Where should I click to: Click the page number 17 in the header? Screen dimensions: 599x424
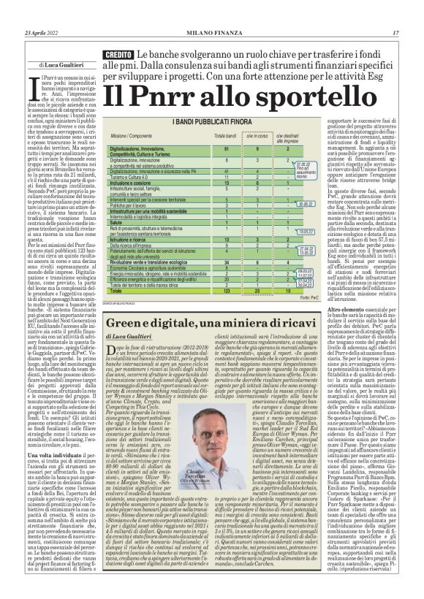(395, 33)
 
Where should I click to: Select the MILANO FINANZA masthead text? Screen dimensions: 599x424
(211, 33)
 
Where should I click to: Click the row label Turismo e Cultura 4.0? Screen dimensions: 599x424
(134, 176)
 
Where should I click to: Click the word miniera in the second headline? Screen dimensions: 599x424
(248, 322)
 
